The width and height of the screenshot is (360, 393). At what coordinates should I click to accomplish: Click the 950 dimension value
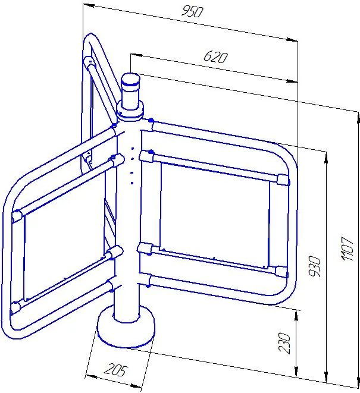pyautogui.click(x=192, y=12)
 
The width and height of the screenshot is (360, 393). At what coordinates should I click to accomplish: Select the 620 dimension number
pyautogui.click(x=215, y=57)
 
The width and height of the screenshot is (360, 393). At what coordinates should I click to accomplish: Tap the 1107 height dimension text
pyautogui.click(x=348, y=249)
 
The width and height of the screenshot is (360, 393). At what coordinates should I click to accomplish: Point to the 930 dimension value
pyautogui.click(x=315, y=266)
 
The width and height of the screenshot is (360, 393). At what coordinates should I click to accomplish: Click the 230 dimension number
pyautogui.click(x=284, y=343)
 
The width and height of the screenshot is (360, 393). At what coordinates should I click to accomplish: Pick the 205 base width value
pyautogui.click(x=116, y=370)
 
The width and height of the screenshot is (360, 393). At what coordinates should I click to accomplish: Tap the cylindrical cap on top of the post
pyautogui.click(x=130, y=92)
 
